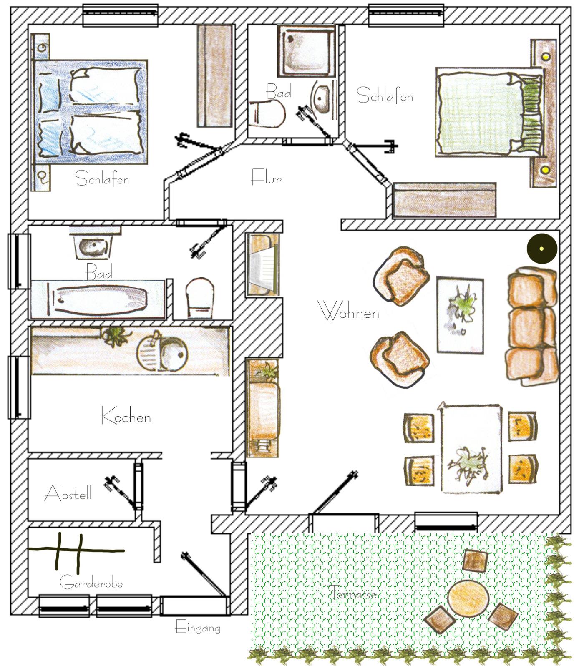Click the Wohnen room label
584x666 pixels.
tap(349, 311)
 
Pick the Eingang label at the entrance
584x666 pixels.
tap(198, 627)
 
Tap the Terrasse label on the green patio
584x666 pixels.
tap(355, 592)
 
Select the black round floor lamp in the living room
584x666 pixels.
tap(542, 249)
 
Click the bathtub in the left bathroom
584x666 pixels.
tap(100, 299)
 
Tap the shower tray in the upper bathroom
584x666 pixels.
tap(307, 50)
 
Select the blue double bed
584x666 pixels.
tap(91, 112)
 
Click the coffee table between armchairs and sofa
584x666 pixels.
tap(460, 315)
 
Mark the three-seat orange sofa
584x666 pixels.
tap(532, 327)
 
